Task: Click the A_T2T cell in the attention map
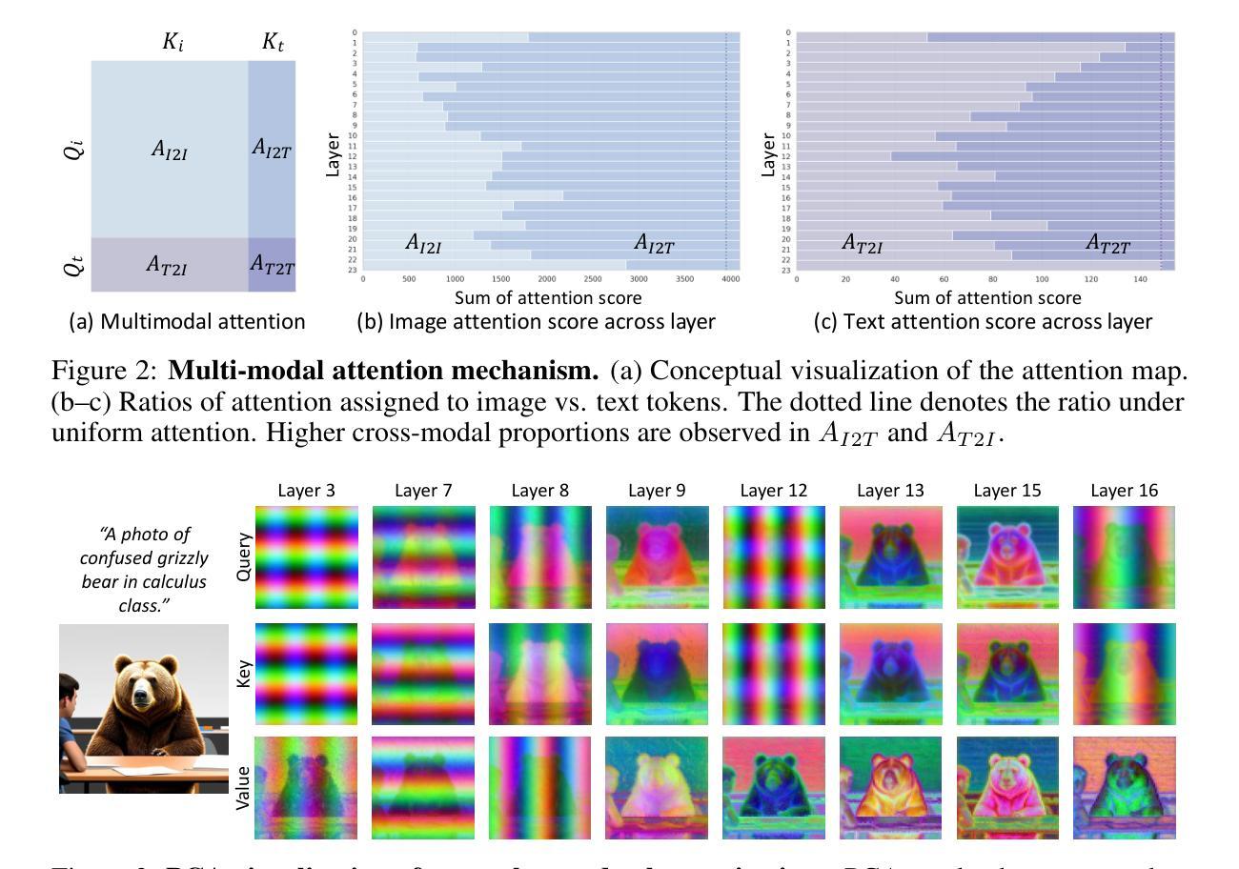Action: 272,265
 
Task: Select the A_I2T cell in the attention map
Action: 272,149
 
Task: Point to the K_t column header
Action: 272,42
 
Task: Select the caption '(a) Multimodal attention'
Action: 188,322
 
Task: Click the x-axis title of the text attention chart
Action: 986,298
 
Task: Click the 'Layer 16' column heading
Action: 1124,491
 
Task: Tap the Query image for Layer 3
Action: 307,557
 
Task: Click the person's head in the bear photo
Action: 68,691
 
